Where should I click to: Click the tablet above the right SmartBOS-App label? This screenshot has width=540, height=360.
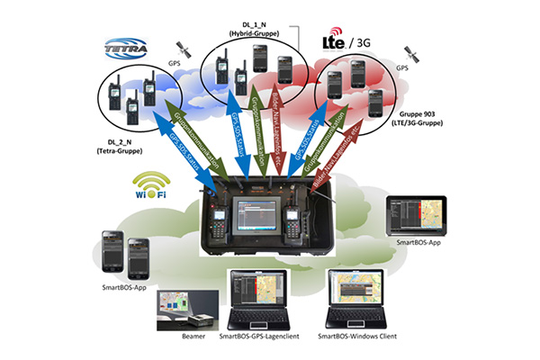point(418,215)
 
